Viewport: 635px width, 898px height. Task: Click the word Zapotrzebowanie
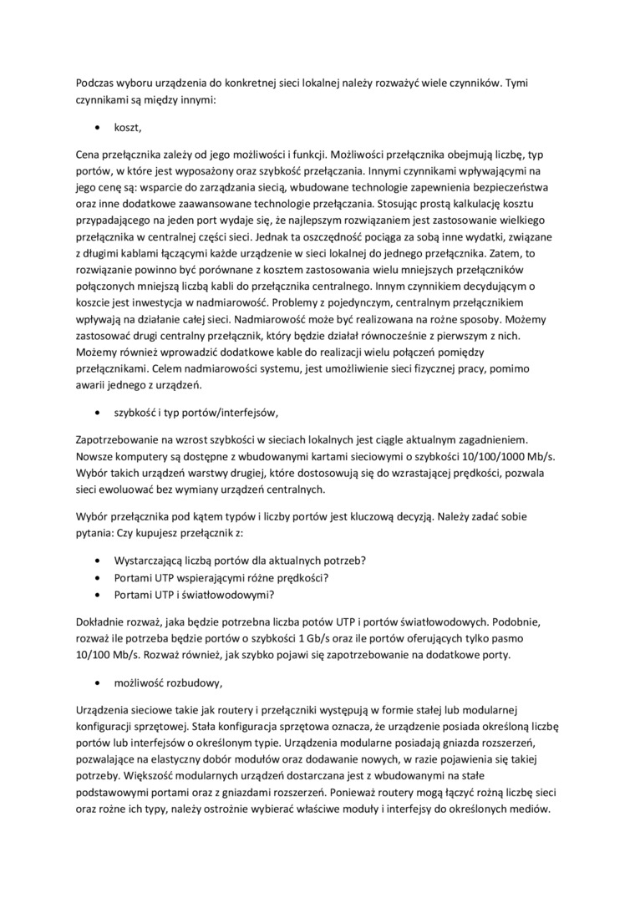(x=122, y=439)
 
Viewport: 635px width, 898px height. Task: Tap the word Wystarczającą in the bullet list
(x=155, y=559)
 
